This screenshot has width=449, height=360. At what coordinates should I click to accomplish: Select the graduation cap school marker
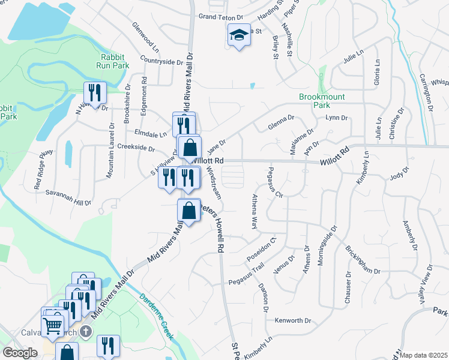tap(239, 37)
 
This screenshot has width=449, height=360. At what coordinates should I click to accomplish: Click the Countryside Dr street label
tap(161, 61)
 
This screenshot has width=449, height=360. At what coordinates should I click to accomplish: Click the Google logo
tap(20, 353)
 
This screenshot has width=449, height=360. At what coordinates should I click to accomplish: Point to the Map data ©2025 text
tap(424, 355)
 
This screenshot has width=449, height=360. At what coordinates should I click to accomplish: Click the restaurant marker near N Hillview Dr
tap(95, 92)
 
